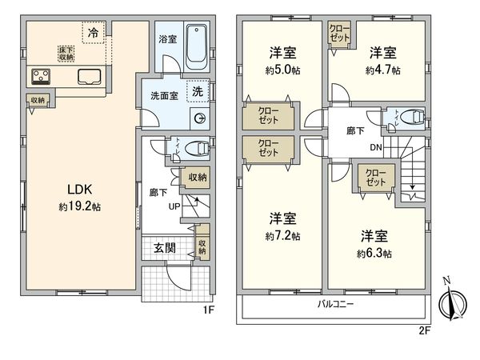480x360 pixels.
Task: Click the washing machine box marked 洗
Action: click(x=197, y=92)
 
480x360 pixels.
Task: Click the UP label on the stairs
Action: click(x=173, y=206)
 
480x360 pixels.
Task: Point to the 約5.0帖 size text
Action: click(x=283, y=70)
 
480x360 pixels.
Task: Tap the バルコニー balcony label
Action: click(x=333, y=306)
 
